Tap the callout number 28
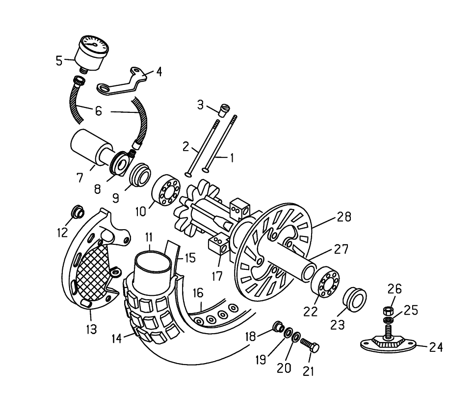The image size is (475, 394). (344, 217)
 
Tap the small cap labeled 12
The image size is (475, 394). (77, 211)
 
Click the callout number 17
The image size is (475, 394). (217, 276)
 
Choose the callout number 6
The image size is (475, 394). (98, 111)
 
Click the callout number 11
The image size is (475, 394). (149, 237)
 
